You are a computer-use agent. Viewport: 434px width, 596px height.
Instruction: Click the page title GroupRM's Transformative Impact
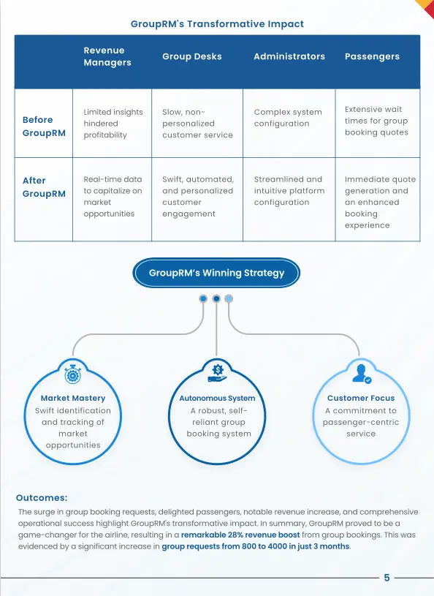(x=217, y=24)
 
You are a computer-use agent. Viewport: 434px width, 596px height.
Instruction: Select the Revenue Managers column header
(x=107, y=56)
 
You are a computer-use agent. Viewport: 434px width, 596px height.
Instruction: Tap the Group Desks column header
(x=192, y=56)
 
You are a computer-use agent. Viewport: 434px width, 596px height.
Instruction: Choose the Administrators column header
(x=289, y=56)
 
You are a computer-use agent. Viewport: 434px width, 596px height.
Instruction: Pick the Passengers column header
(x=372, y=56)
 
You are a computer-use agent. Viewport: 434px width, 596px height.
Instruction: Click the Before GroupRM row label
(x=44, y=127)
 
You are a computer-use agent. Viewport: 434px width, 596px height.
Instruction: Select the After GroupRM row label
(x=44, y=187)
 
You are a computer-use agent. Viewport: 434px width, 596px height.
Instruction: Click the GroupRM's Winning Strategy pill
(x=216, y=273)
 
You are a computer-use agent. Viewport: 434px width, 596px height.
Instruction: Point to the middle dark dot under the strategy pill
(x=216, y=299)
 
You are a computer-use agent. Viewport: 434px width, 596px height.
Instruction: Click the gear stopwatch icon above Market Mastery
(x=73, y=374)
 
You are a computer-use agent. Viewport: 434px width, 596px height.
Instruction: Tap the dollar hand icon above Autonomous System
(x=217, y=374)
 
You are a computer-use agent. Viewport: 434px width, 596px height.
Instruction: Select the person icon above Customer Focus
(x=362, y=374)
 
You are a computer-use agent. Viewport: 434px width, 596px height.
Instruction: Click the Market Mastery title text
(x=73, y=398)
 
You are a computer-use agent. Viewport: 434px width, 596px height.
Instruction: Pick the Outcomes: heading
(x=42, y=498)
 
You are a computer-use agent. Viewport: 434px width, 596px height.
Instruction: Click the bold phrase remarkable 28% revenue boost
(x=240, y=535)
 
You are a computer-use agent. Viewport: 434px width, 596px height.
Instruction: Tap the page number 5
(x=387, y=578)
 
